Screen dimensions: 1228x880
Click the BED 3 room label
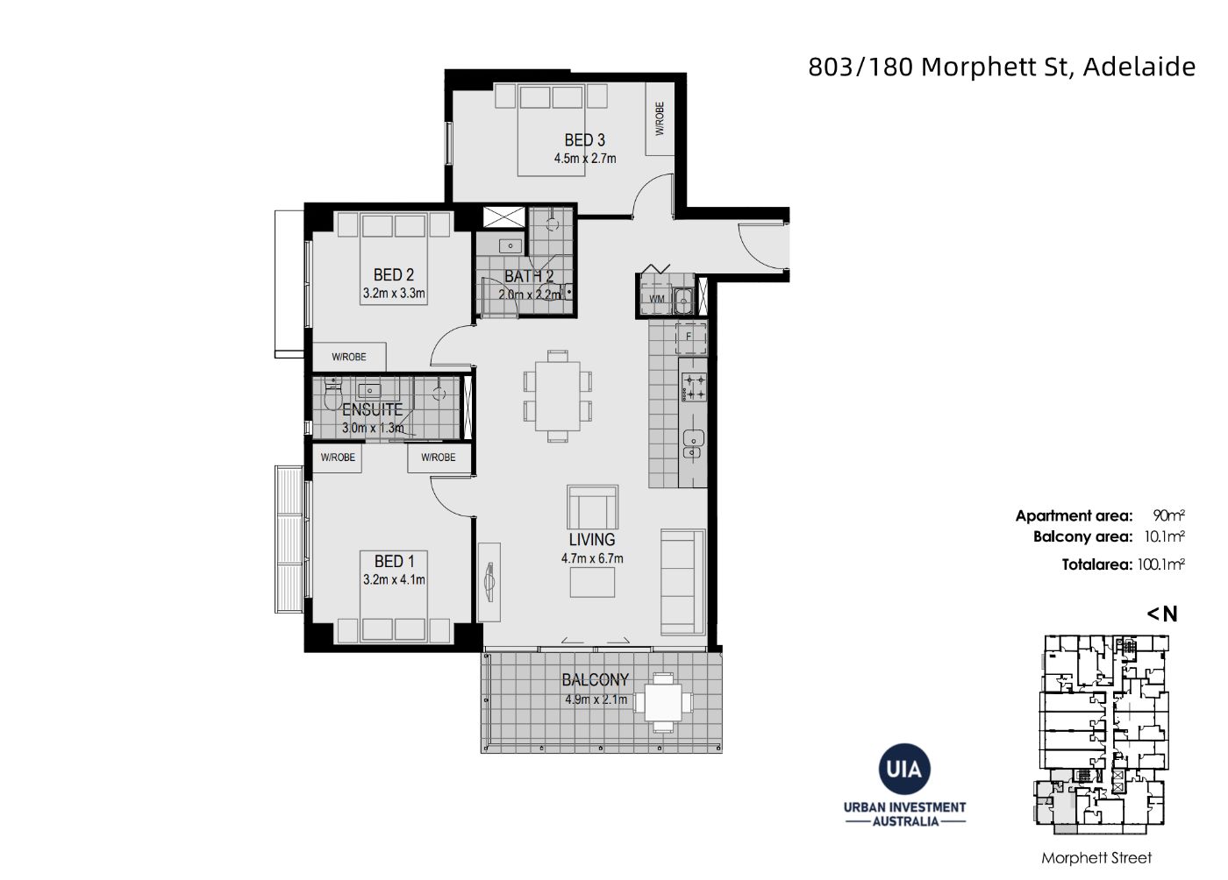(x=584, y=140)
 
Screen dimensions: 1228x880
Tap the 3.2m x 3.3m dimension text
(x=394, y=293)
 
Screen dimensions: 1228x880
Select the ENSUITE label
(x=372, y=409)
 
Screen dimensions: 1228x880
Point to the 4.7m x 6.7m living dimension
(x=592, y=558)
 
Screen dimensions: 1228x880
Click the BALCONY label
(x=595, y=680)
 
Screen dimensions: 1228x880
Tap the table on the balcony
(x=663, y=702)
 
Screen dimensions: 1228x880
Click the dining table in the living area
(x=558, y=395)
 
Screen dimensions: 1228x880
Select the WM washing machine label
(x=656, y=299)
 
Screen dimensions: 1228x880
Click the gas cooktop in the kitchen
(x=693, y=387)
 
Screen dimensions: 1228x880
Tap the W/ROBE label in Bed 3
(x=660, y=118)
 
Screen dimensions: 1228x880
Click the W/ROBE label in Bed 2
(x=349, y=358)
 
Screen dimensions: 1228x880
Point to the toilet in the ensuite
(x=332, y=394)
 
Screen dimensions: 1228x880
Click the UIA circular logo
(x=904, y=769)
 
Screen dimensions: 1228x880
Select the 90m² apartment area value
(x=1168, y=515)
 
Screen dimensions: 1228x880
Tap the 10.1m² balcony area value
(x=1165, y=536)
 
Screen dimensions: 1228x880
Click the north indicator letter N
(x=1170, y=614)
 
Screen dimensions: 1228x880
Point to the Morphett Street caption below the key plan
(x=1096, y=858)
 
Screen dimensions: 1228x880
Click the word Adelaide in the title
(x=1139, y=67)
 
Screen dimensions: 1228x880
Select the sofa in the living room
(x=682, y=582)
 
